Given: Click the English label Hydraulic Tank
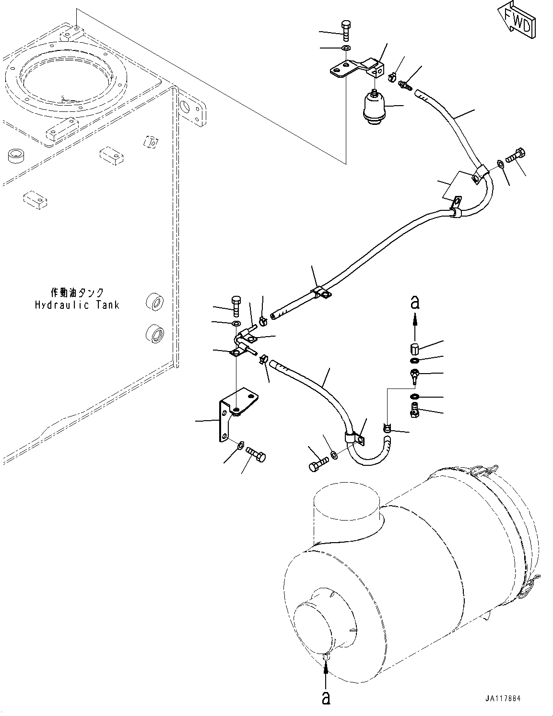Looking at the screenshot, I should [x=77, y=305].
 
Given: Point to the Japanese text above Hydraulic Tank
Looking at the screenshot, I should [x=77, y=292].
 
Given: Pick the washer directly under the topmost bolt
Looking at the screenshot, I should [x=346, y=48].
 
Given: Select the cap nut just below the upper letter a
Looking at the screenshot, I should [x=415, y=348].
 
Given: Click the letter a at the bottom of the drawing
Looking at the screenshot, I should [x=326, y=698].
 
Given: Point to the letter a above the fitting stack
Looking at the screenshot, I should [x=415, y=303].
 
